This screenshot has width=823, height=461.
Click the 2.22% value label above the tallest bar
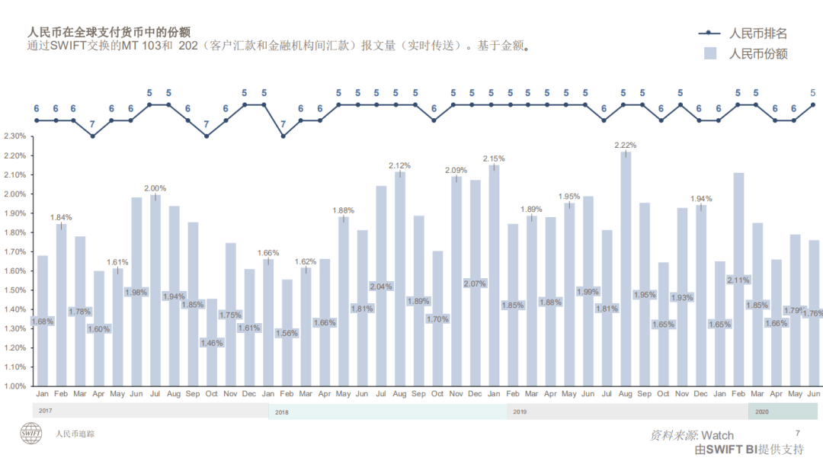[x=625, y=145]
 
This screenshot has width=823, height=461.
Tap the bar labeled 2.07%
[x=475, y=305]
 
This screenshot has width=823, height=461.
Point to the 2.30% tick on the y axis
[x=14, y=136]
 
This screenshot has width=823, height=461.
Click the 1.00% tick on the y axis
[x=14, y=386]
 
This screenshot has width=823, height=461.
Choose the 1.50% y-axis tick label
[x=14, y=290]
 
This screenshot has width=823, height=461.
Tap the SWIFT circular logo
[x=32, y=433]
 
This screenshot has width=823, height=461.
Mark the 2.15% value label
[x=494, y=158]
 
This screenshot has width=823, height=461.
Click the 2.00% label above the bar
[x=155, y=188]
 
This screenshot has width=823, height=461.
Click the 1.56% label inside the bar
[x=287, y=333]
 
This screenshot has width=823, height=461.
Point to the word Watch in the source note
[x=717, y=435]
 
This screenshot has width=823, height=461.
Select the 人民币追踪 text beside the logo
[x=75, y=434]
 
